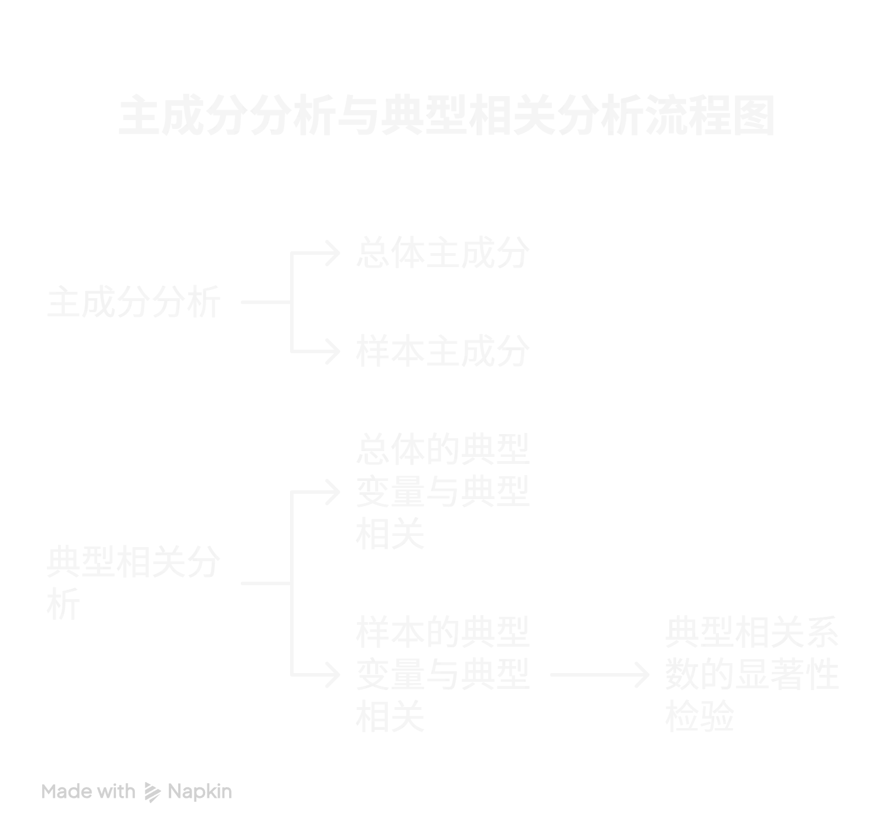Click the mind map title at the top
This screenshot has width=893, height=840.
445,115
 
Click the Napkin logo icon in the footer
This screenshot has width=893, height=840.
151,792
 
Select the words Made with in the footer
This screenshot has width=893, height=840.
88,793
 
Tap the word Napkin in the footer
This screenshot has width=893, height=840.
201,793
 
